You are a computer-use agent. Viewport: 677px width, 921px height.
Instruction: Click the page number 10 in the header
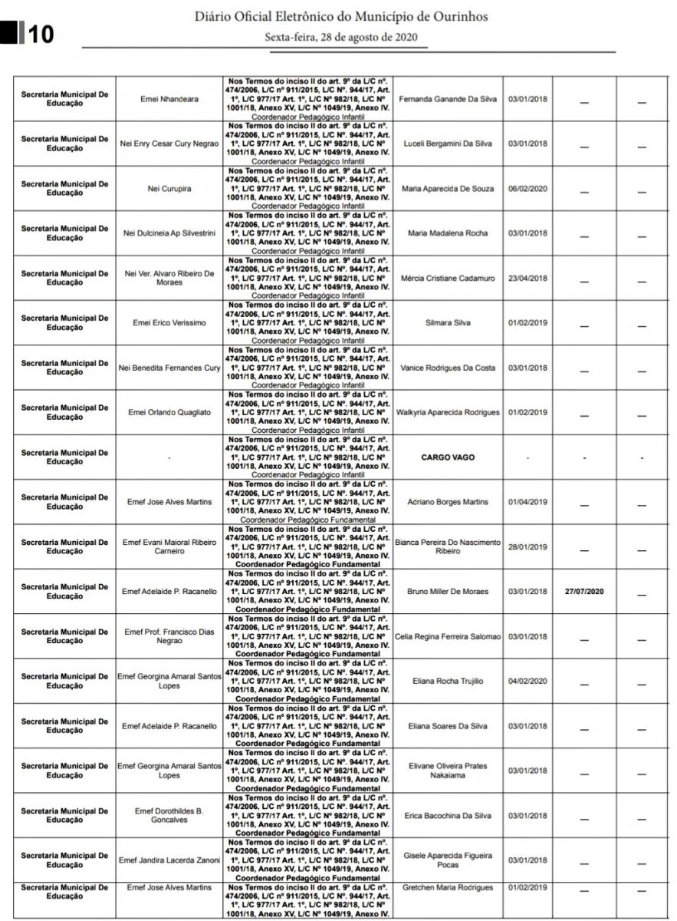click(40, 35)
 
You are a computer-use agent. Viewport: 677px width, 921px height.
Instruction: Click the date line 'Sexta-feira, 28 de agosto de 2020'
click(340, 37)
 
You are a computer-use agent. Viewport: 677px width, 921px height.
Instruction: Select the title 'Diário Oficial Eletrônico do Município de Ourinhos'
click(340, 16)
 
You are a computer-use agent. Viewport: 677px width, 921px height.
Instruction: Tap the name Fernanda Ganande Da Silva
click(448, 99)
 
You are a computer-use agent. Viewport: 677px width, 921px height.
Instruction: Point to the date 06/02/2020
click(527, 189)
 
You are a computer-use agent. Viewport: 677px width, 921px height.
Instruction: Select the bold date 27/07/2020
click(584, 592)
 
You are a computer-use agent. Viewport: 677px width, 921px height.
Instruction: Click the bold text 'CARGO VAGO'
click(448, 457)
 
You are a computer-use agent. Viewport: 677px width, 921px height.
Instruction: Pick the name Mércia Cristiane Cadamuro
click(448, 278)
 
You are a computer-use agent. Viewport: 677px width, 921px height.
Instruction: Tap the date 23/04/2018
click(527, 278)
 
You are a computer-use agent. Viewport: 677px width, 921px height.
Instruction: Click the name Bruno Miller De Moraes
click(448, 592)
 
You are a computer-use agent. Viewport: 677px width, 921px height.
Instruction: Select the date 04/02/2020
click(527, 681)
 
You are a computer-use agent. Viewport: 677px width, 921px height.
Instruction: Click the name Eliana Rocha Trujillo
click(448, 681)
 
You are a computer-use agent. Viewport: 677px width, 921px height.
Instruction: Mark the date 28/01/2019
click(527, 546)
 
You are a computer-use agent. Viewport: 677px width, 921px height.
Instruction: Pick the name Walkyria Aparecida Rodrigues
click(448, 412)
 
